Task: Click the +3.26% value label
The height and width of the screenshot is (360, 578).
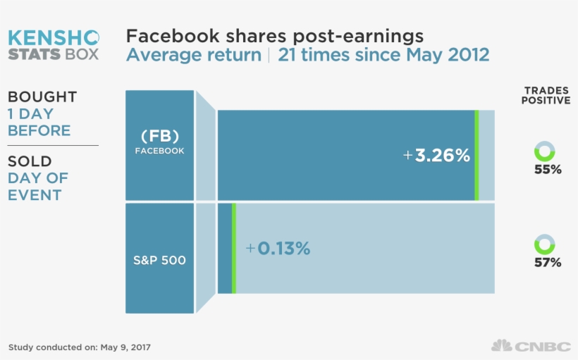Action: point(436,156)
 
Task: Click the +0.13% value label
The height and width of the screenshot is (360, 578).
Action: point(278,249)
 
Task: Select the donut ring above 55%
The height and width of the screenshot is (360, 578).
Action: point(544,151)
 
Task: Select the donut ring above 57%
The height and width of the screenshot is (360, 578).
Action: point(544,244)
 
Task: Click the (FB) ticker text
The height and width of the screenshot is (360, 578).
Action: point(159,136)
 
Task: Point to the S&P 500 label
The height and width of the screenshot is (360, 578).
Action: point(159,261)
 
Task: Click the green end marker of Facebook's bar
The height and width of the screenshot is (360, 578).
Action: point(476,155)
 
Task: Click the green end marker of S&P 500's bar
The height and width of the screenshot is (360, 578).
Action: point(233,249)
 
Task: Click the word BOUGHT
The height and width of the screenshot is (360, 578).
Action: point(42,97)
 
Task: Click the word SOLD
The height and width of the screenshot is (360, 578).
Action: point(30,162)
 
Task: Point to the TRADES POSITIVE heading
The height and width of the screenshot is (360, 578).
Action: point(546,96)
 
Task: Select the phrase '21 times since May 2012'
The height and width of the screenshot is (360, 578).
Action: point(383,55)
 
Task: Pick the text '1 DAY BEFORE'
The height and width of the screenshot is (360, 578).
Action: point(39,122)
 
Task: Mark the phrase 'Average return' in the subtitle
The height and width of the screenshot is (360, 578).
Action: point(194,55)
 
